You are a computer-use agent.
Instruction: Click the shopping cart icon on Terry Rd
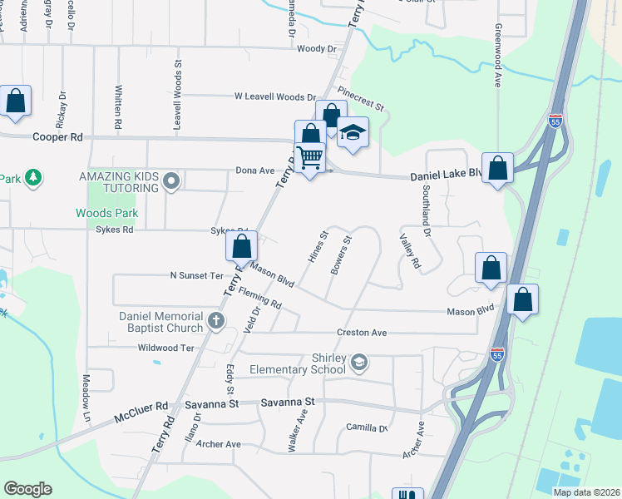click(310, 156)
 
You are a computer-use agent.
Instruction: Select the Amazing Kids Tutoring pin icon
click(171, 181)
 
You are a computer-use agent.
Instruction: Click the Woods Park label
click(107, 214)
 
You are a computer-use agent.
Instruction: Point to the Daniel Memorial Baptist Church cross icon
click(216, 320)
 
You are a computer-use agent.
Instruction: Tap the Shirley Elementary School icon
click(359, 361)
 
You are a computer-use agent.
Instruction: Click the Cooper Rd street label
click(57, 136)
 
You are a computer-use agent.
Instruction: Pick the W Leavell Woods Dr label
click(275, 97)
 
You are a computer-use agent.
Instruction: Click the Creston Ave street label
click(362, 333)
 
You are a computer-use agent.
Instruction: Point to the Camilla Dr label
click(368, 427)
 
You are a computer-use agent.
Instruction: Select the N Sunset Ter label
click(197, 275)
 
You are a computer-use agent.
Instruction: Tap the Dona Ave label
click(254, 170)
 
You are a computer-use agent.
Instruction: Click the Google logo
click(27, 488)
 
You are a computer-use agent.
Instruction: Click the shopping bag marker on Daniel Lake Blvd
click(498, 168)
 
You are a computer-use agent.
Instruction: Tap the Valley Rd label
click(412, 250)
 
